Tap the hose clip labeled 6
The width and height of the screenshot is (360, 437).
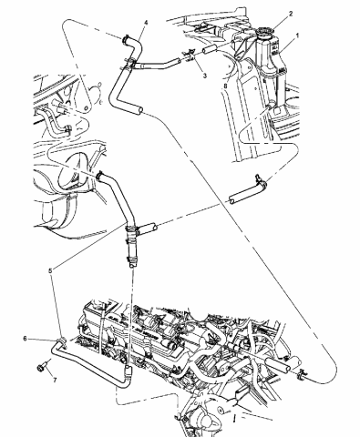pyautogui.click(x=58, y=343)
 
